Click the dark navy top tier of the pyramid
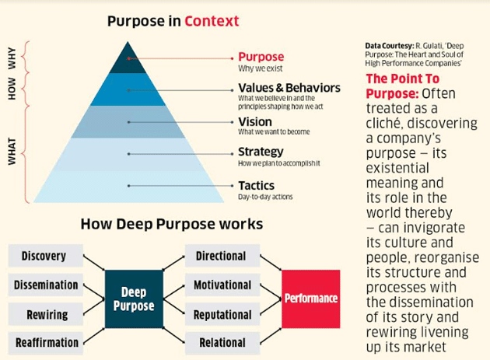click(128, 59)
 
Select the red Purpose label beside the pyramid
click(261, 57)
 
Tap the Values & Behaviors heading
click(289, 88)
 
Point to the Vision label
click(255, 121)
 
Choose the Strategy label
click(261, 152)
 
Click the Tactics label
click(256, 185)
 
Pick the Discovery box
click(44, 256)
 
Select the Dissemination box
click(46, 285)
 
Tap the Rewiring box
click(44, 314)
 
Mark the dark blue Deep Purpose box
click(135, 299)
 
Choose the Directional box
click(221, 256)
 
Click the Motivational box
click(221, 285)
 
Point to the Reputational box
click(221, 314)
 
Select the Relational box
click(222, 342)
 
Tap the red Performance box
click(311, 299)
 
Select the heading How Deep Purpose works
click(172, 225)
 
